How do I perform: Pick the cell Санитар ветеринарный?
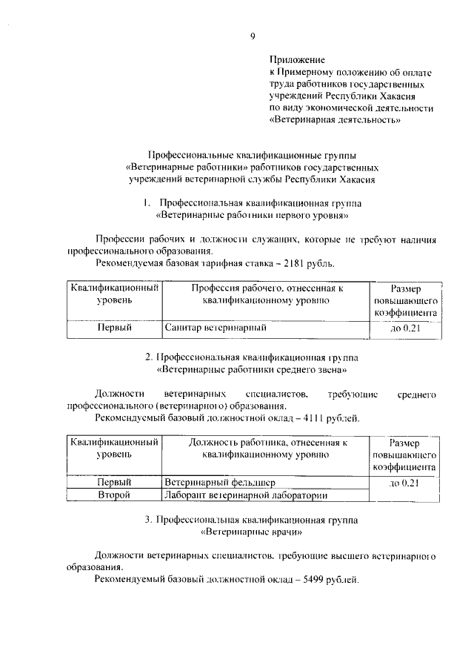click(216, 327)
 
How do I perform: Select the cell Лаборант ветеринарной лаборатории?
click(246, 495)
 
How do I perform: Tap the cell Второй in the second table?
click(114, 495)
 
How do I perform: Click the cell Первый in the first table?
click(114, 327)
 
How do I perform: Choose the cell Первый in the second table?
click(114, 482)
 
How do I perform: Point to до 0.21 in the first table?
click(404, 327)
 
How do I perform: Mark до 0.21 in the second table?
click(404, 483)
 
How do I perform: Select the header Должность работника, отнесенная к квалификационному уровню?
click(267, 449)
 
